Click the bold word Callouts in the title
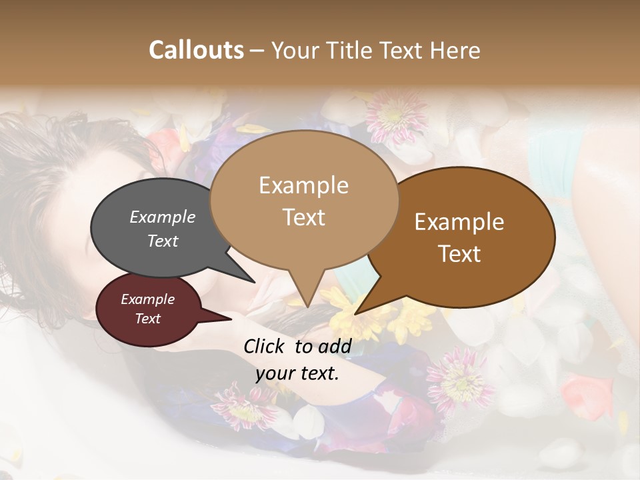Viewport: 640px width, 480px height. (x=196, y=50)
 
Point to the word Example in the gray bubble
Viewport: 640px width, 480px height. (x=163, y=217)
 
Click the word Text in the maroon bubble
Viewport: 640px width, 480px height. (x=148, y=319)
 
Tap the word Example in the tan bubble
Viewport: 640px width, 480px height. (x=303, y=185)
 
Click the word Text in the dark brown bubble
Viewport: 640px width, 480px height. (x=459, y=254)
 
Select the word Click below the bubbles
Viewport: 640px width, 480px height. (x=265, y=346)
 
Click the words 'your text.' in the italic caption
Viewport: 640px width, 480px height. (x=297, y=373)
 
